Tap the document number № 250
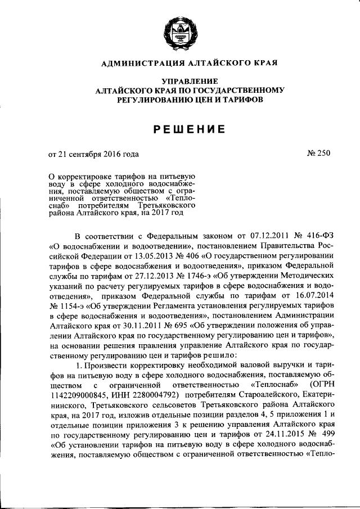(318, 153)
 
